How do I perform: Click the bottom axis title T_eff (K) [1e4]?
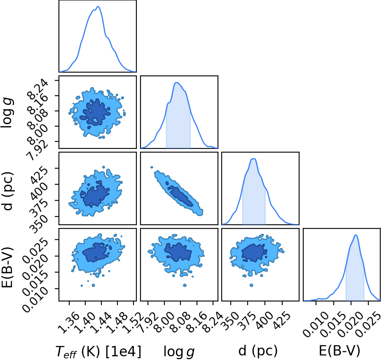coord(98,351)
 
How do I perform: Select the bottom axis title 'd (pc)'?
coord(258,351)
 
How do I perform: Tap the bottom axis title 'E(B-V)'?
coord(340,351)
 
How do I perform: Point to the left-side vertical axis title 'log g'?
coord(7,113)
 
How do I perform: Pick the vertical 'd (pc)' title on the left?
coord(8,191)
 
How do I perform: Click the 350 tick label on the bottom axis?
coord(230,320)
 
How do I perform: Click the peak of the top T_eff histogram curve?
coord(98,6)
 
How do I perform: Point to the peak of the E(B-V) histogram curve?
coord(356,235)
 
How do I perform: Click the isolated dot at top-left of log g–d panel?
coord(152,167)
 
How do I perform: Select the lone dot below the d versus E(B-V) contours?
coord(251,285)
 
